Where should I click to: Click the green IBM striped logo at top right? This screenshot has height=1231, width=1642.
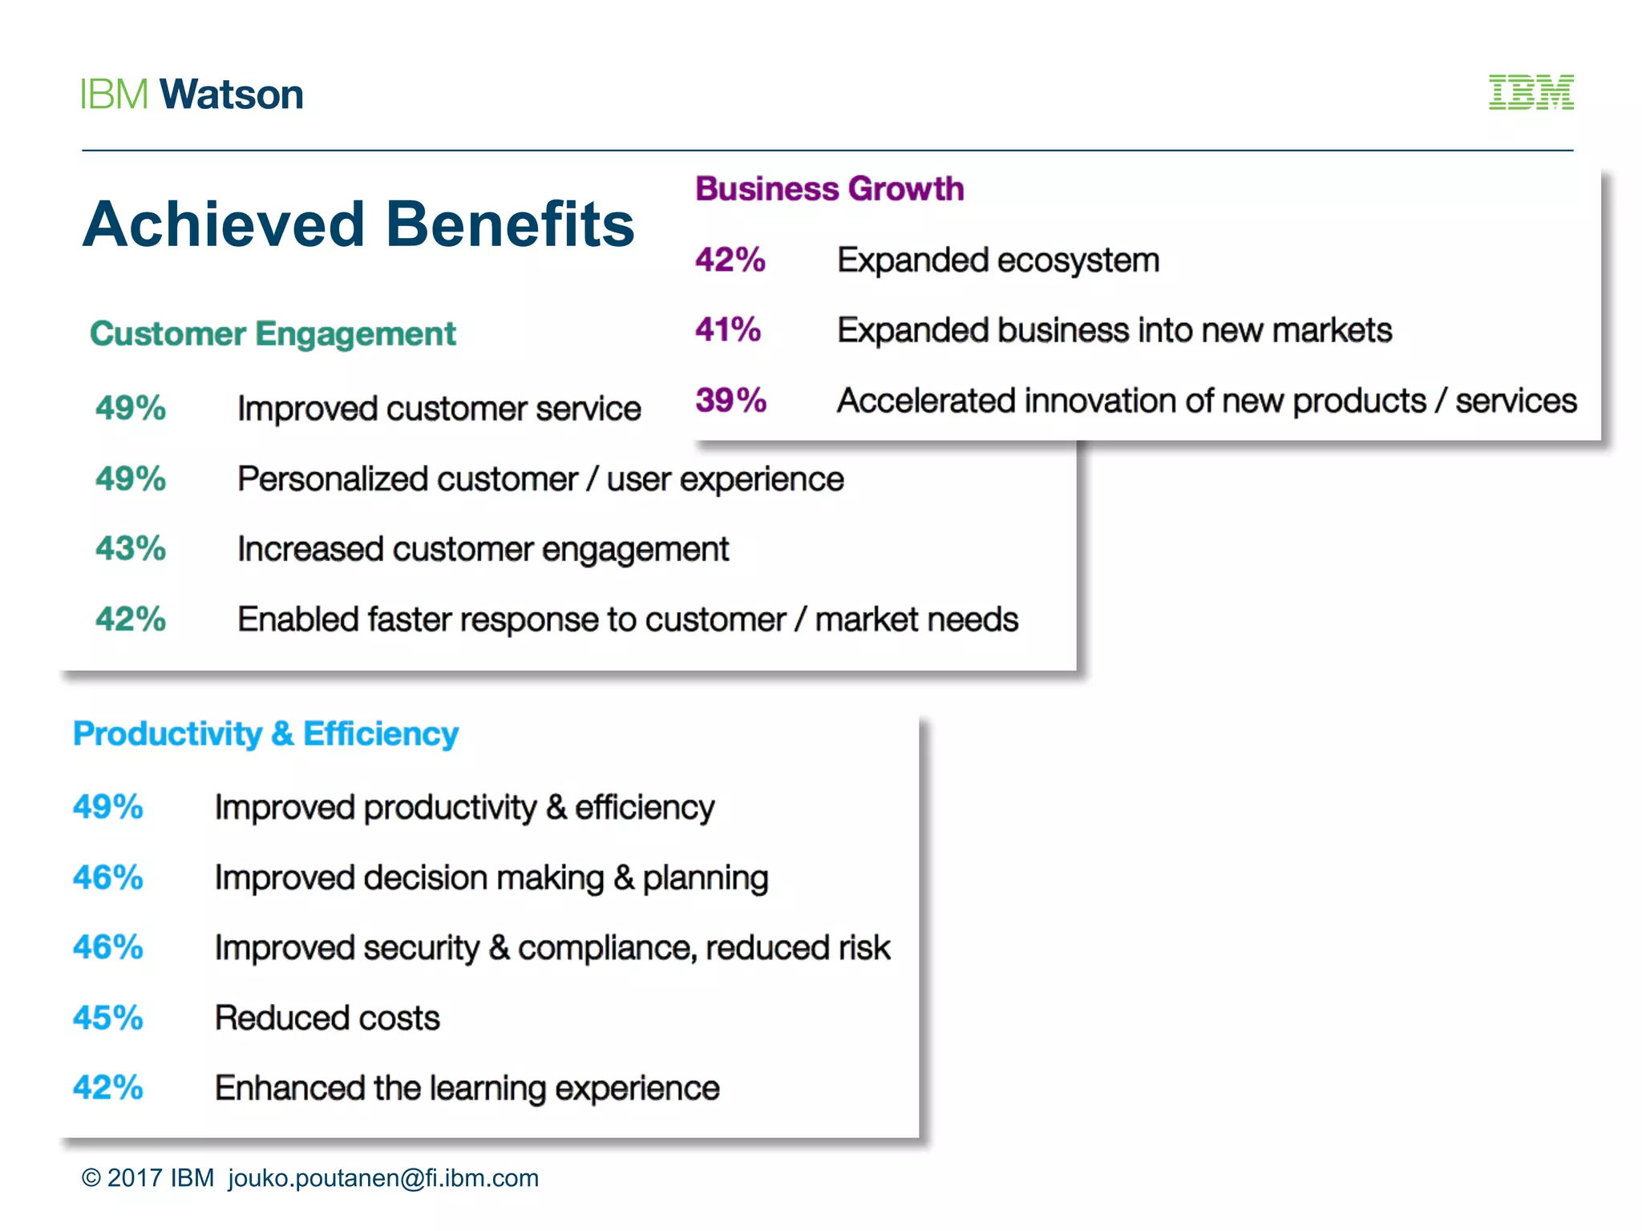[1531, 92]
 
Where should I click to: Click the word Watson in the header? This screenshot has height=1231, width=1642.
[232, 95]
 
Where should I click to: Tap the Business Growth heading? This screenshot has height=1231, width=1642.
[829, 189]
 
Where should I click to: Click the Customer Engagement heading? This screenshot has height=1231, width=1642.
[273, 333]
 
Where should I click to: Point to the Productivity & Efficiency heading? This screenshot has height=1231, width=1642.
[265, 734]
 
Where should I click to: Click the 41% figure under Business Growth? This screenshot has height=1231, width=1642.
[728, 329]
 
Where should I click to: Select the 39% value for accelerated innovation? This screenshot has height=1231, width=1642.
[730, 400]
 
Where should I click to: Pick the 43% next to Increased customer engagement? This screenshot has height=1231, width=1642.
[131, 549]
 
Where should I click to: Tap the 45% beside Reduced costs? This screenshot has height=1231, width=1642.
[108, 1018]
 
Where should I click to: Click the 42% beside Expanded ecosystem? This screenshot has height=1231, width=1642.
[730, 260]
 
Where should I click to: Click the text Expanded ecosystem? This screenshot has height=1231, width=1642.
[998, 260]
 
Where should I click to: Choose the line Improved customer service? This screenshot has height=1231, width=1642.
[439, 409]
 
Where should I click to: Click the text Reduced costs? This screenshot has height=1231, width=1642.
[327, 1018]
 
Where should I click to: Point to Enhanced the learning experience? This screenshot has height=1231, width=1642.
[467, 1088]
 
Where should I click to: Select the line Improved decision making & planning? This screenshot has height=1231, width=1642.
[491, 878]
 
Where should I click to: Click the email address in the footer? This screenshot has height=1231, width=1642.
[383, 1178]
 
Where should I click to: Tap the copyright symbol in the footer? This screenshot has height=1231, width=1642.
[91, 1178]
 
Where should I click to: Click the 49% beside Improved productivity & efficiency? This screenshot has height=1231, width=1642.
[108, 807]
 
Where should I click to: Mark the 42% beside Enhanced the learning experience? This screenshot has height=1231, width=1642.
[108, 1088]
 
